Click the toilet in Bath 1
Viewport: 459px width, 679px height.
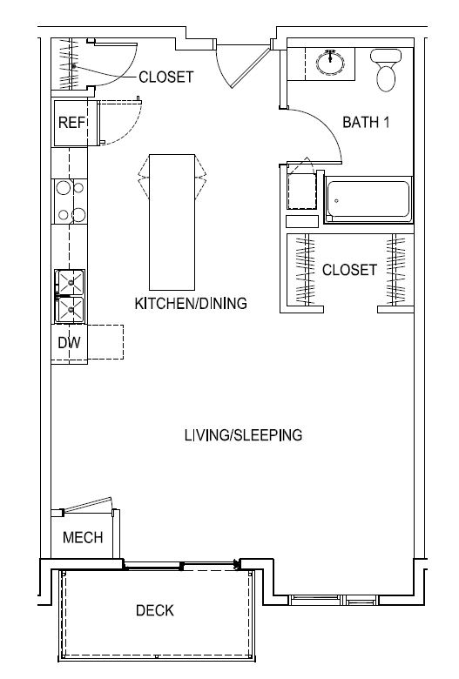[x=386, y=70]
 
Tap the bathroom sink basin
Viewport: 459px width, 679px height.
[x=331, y=64]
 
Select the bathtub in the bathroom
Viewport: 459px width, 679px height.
[x=368, y=199]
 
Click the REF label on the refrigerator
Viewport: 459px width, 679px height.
[x=72, y=122]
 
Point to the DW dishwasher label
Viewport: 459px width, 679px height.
[x=69, y=342]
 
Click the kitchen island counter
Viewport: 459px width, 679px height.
[x=172, y=222]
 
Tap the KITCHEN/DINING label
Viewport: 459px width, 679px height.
[x=191, y=303]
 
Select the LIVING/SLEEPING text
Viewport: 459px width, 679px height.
[x=243, y=434]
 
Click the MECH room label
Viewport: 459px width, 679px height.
[x=83, y=537]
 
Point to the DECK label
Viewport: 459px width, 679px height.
[x=155, y=610]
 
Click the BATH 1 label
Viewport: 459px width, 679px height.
[x=366, y=122]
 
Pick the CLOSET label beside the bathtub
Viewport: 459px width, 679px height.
[x=349, y=270]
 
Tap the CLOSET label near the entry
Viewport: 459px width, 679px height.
[x=166, y=77]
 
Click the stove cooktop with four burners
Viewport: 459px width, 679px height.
[x=71, y=201]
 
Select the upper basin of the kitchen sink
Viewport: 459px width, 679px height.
[x=71, y=282]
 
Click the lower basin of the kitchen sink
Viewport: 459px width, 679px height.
[x=71, y=309]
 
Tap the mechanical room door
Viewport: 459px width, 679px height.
[x=87, y=505]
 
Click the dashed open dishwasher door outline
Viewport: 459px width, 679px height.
[x=105, y=342]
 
